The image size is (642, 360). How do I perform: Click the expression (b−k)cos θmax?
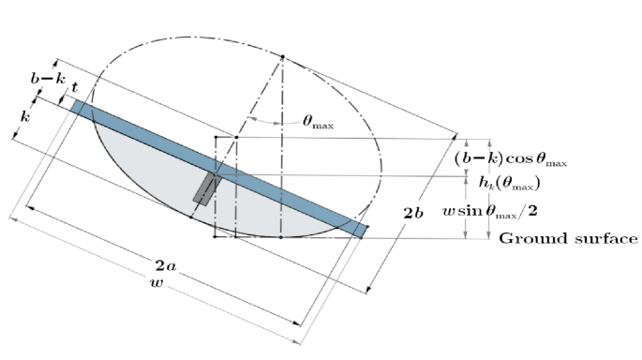coord(510,158)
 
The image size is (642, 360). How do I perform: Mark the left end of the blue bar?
coord(77,107)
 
